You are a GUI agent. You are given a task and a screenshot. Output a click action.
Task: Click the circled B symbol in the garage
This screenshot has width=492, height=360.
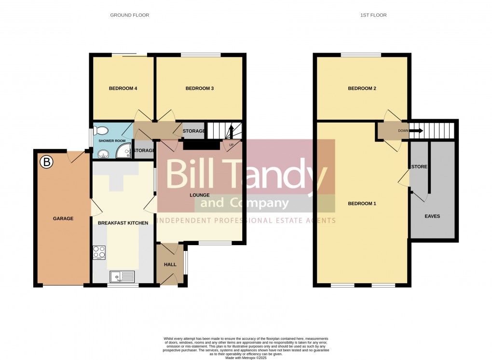[46, 162]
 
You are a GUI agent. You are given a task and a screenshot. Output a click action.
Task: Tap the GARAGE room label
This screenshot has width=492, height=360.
[63, 219]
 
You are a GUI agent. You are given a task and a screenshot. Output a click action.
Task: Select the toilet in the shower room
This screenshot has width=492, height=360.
[101, 130]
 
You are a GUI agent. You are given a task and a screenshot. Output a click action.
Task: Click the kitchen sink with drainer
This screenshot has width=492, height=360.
[122, 277]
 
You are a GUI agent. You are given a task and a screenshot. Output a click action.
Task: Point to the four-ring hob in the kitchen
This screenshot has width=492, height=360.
[99, 252]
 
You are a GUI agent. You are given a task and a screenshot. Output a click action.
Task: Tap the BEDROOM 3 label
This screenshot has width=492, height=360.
[200, 88]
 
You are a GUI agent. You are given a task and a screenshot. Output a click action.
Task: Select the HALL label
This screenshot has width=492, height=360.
[170, 264]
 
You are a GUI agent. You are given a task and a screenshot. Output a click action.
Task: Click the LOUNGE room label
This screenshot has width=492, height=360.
[199, 195]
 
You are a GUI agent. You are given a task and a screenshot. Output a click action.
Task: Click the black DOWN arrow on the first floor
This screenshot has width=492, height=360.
[416, 130]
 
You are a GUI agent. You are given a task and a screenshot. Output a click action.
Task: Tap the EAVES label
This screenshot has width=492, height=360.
[432, 216]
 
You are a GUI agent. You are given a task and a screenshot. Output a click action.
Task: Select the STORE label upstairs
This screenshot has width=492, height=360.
[419, 167]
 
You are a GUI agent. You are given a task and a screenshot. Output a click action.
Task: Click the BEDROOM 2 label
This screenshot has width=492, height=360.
[362, 88]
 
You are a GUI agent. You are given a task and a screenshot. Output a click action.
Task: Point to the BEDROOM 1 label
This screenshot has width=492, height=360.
[362, 204]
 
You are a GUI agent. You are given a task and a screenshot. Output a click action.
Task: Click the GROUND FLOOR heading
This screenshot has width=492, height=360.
[130, 15]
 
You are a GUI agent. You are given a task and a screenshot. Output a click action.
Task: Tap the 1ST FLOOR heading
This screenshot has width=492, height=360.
[373, 15]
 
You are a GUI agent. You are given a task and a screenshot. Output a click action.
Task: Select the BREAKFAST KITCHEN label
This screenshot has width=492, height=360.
[123, 223]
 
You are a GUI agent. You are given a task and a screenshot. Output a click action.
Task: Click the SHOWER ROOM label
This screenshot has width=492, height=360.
[112, 141]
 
